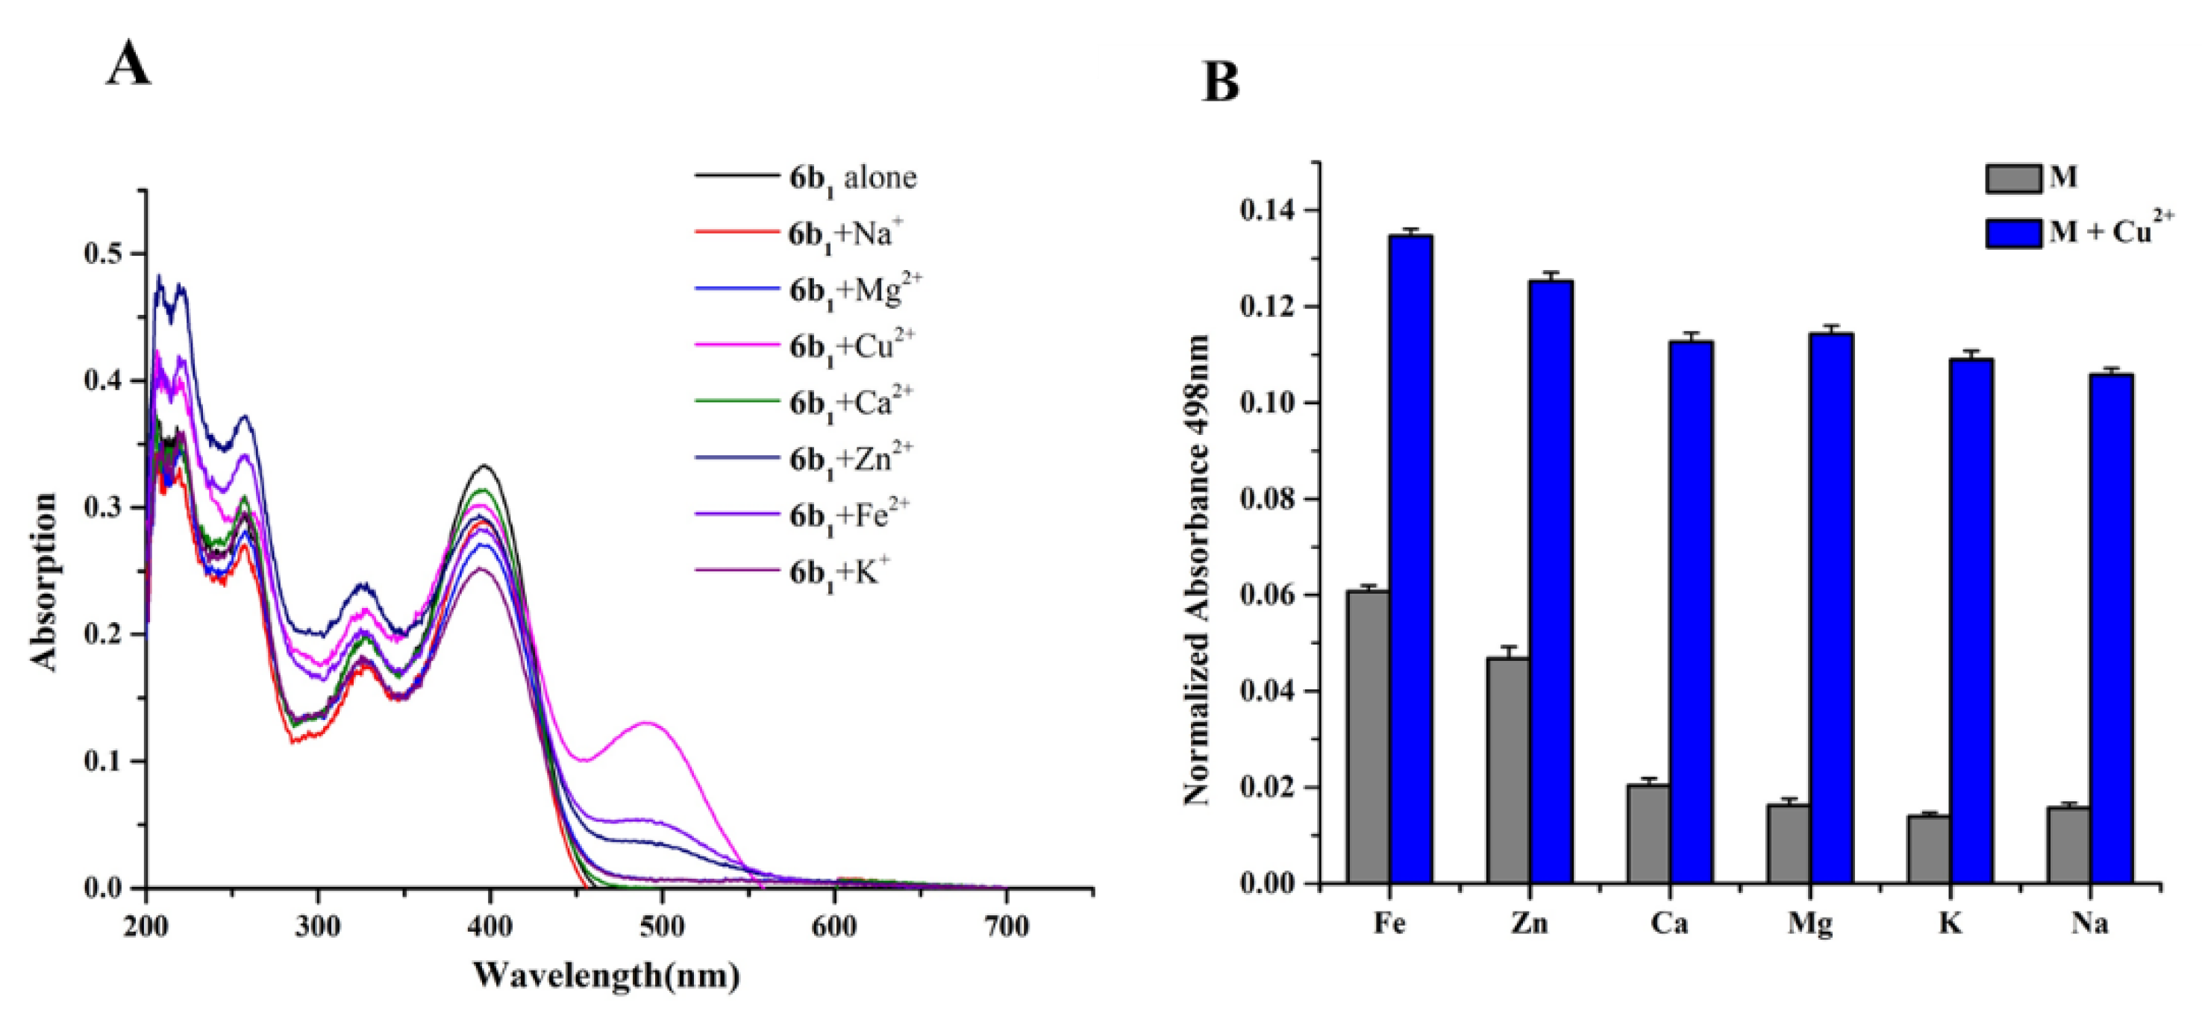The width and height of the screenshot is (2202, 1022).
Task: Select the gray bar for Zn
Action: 1509,769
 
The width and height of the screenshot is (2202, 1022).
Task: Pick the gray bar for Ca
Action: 1649,833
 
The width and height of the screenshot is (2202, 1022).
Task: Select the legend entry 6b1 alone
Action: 851,178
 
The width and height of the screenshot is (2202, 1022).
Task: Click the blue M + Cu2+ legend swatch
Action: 2013,233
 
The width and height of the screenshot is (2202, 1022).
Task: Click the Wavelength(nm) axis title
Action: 606,975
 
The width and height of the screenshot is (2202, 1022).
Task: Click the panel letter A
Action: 128,65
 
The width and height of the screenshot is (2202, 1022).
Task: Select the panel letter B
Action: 1221,83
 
